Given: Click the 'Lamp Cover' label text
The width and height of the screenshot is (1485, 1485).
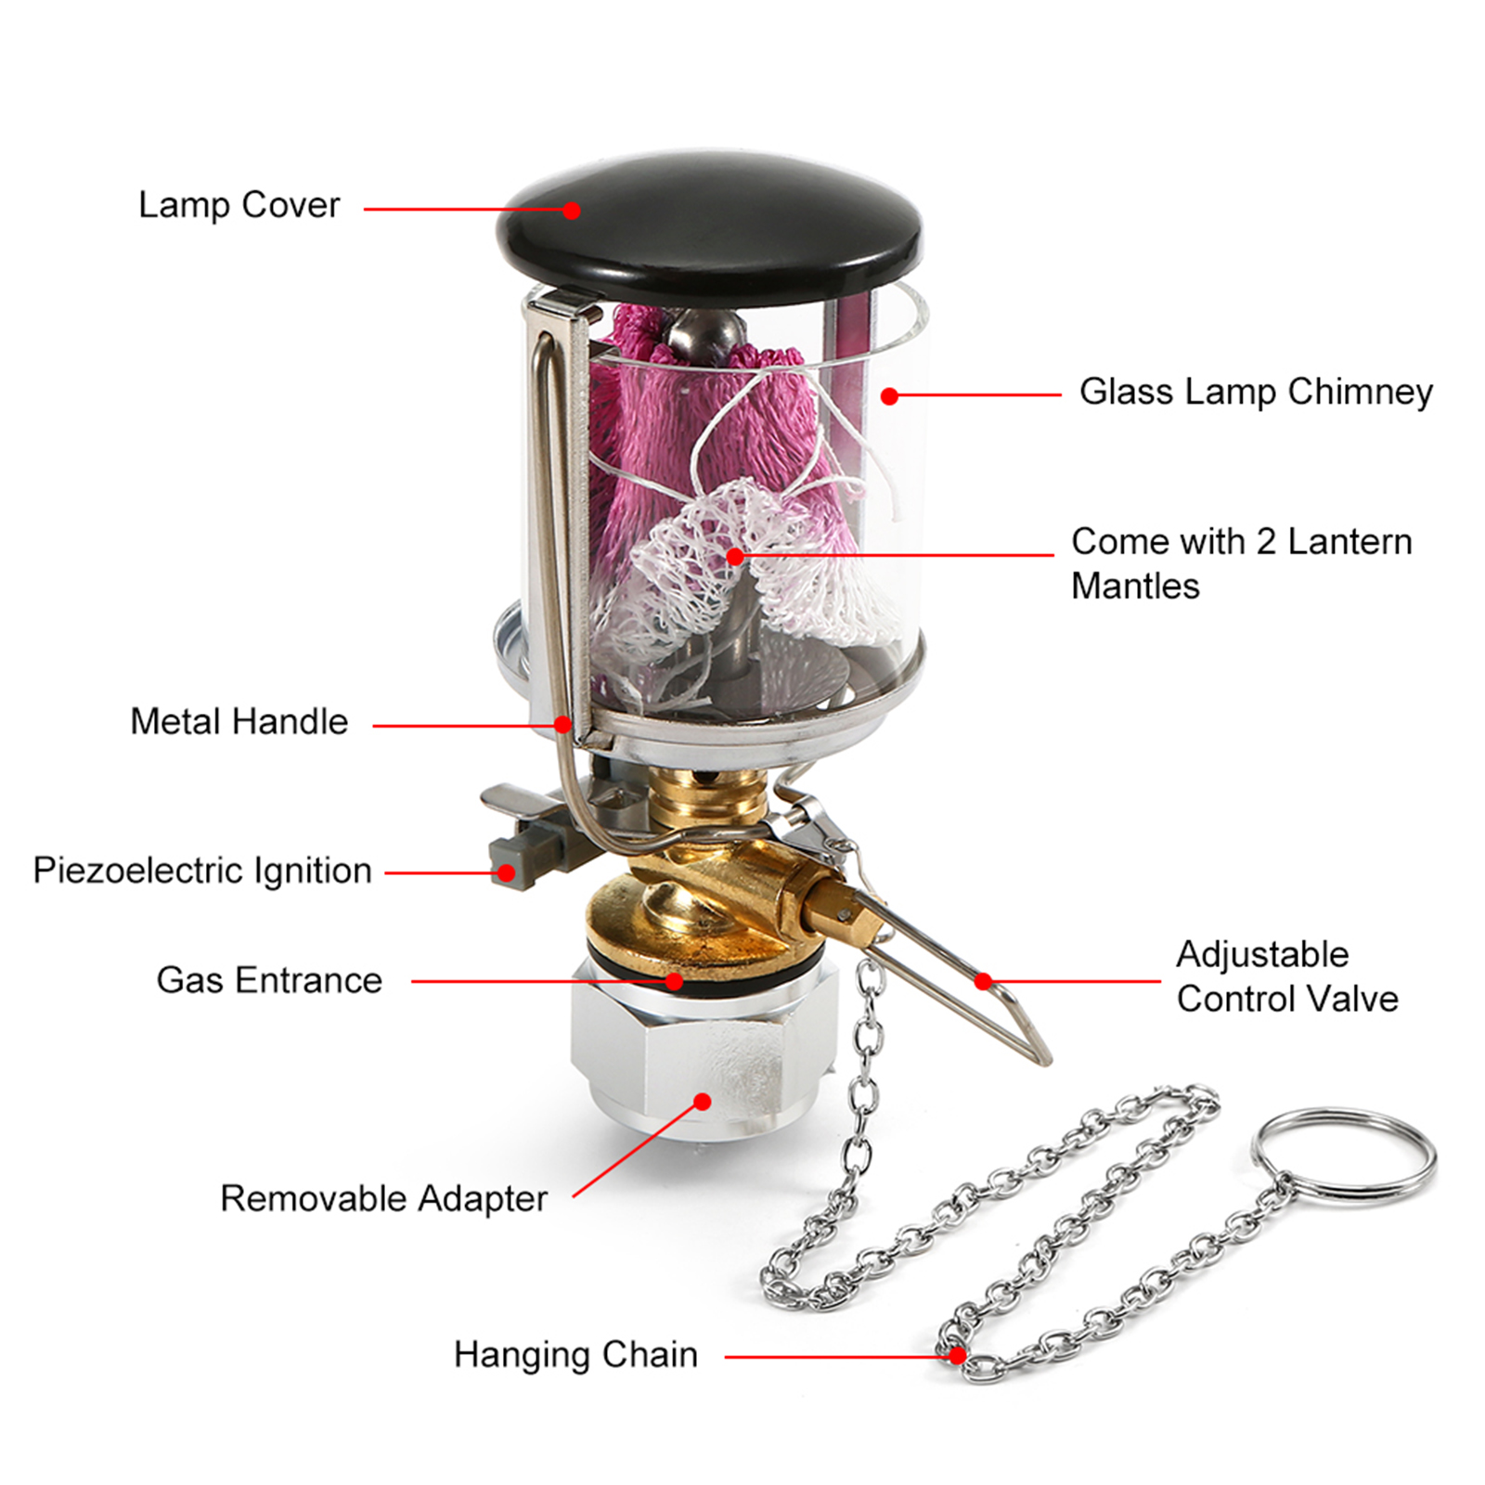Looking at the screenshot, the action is (239, 206).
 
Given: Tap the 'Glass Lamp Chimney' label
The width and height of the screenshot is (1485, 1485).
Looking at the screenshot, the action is (1256, 392).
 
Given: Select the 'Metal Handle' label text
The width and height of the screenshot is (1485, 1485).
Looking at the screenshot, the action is (239, 721).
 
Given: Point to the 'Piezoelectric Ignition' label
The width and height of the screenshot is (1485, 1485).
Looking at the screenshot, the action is (202, 871).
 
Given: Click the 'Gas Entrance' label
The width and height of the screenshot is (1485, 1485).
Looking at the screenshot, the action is (269, 980).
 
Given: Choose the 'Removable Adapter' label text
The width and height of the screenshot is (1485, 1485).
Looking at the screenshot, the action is (383, 1198).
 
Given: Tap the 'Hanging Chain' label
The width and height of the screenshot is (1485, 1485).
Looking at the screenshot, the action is (575, 1355).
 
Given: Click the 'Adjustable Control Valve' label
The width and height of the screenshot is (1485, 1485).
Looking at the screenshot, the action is (1287, 976).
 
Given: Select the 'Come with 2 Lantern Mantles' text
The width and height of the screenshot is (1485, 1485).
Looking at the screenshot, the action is (1241, 563).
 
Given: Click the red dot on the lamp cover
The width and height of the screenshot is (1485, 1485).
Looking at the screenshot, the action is (572, 211).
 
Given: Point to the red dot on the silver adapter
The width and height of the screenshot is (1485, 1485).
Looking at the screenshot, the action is (703, 1102).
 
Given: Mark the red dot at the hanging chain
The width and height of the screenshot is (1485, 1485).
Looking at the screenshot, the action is (958, 1356).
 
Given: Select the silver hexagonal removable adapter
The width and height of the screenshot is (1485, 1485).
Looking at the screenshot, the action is (703, 1049).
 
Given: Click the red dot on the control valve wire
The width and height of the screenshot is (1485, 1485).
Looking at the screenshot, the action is (984, 980).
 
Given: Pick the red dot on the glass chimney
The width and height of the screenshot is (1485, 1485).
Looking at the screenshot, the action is (889, 396).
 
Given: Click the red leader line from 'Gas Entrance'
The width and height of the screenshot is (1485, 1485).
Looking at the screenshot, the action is (543, 981).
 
